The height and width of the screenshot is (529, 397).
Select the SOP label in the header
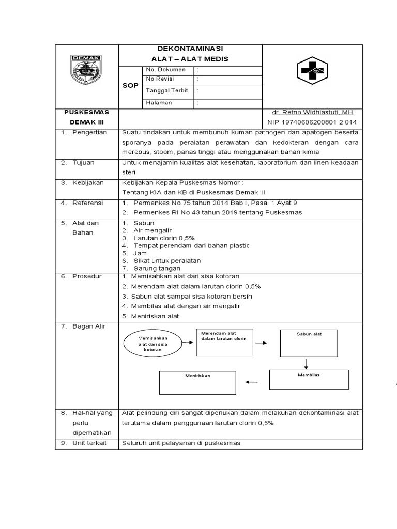pyautogui.click(x=130, y=86)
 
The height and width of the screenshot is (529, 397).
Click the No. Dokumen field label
pyautogui.click(x=162, y=69)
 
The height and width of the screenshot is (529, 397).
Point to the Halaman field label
pyautogui.click(x=159, y=103)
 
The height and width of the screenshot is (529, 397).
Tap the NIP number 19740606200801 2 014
pyautogui.click(x=312, y=122)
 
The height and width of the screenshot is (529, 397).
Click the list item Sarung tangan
pyautogui.click(x=157, y=268)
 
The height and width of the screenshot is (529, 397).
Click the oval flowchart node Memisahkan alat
pyautogui.click(x=153, y=343)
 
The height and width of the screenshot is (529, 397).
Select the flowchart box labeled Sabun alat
pyautogui.click(x=309, y=343)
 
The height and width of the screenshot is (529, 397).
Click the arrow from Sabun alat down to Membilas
pyautogui.click(x=306, y=363)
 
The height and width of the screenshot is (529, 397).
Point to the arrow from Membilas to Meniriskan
pyautogui.click(x=251, y=382)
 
